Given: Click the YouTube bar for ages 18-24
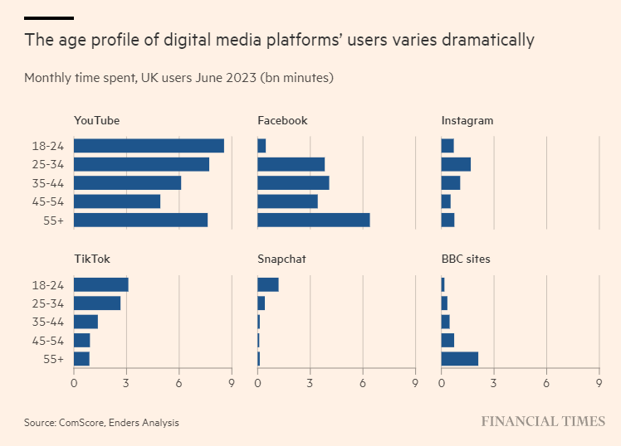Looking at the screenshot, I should [x=149, y=146].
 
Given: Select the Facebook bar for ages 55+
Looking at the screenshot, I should [x=313, y=220].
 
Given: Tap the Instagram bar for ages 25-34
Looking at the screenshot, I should [x=456, y=164].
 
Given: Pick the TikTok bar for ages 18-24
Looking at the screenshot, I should [x=100, y=284].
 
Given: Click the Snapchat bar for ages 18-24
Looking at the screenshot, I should [x=267, y=284].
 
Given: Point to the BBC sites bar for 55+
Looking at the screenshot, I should [x=459, y=358].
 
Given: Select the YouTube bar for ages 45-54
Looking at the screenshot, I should [x=116, y=201].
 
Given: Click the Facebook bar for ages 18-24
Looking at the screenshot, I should [x=262, y=146].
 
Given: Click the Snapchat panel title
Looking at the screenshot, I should [x=281, y=259].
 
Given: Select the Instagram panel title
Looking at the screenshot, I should [x=467, y=120].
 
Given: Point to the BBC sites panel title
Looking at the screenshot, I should [x=465, y=259].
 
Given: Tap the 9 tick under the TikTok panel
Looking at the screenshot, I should [x=232, y=383].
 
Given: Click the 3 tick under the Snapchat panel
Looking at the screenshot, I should [x=310, y=383].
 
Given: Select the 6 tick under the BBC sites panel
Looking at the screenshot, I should [x=546, y=383].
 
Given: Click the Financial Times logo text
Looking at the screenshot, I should [x=543, y=421].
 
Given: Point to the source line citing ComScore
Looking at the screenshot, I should [x=101, y=422].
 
